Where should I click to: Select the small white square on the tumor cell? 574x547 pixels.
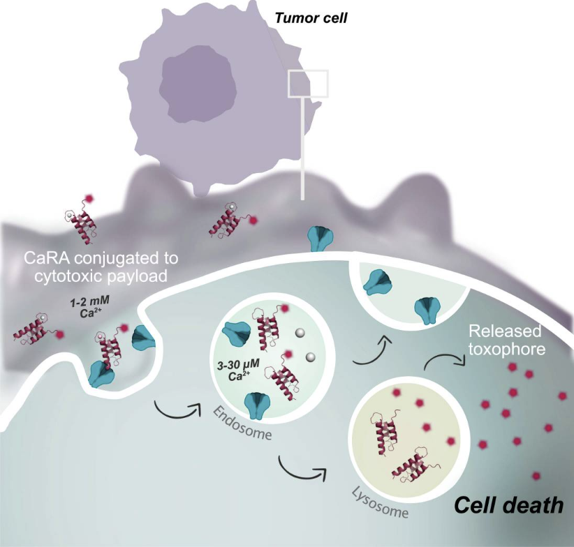tap(308, 83)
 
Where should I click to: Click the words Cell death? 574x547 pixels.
tap(509, 504)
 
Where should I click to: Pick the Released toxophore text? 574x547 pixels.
tap(501, 340)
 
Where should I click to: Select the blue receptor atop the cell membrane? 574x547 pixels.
tap(321, 237)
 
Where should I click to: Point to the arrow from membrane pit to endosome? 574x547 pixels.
tap(172, 410)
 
